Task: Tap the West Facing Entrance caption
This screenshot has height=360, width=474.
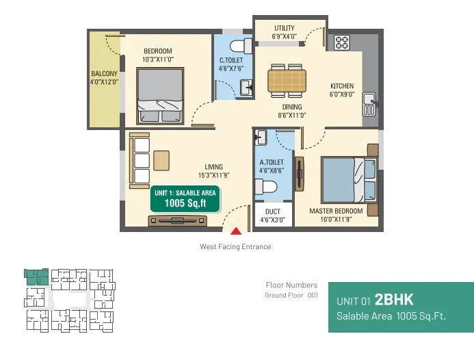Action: click(235, 247)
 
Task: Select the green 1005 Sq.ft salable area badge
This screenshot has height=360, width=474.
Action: click(185, 198)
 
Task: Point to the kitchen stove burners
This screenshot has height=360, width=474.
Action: click(342, 42)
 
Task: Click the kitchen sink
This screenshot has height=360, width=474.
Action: click(369, 103)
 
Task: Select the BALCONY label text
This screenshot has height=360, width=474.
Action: click(105, 77)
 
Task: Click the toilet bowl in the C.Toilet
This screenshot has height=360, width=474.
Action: click(240, 46)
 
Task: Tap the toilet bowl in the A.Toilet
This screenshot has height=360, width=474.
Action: click(265, 187)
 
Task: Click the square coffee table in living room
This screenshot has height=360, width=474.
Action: click(162, 160)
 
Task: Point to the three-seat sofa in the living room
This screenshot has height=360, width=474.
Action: click(140, 160)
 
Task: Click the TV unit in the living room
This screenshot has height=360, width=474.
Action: click(179, 220)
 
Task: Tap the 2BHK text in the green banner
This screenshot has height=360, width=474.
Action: click(394, 300)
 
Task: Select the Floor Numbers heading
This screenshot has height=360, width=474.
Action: click(291, 285)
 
